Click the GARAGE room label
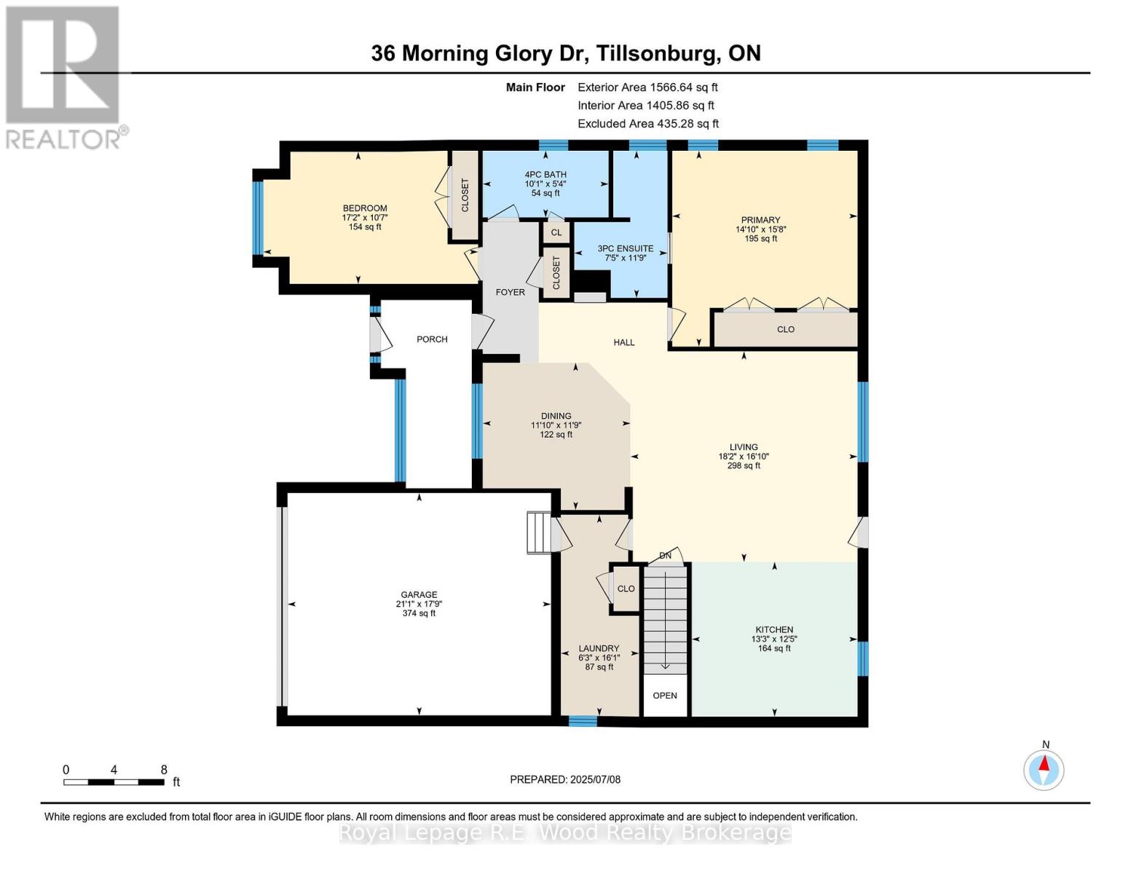click(x=419, y=595)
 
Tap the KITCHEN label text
click(x=774, y=630)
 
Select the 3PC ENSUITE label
click(x=625, y=248)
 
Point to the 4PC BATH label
click(x=545, y=175)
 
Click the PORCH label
click(x=432, y=339)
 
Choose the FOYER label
click(x=510, y=292)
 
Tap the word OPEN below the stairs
click(x=665, y=696)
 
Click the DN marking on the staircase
click(x=665, y=556)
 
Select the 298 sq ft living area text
click(x=744, y=466)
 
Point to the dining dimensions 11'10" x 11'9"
click(x=556, y=425)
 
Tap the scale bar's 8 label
click(x=164, y=770)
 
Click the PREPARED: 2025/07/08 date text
click(x=565, y=779)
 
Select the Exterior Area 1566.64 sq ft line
click(x=647, y=87)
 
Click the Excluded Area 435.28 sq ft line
click(x=648, y=124)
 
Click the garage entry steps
click(x=540, y=532)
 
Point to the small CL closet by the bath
click(x=556, y=232)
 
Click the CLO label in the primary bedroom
click(x=785, y=329)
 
